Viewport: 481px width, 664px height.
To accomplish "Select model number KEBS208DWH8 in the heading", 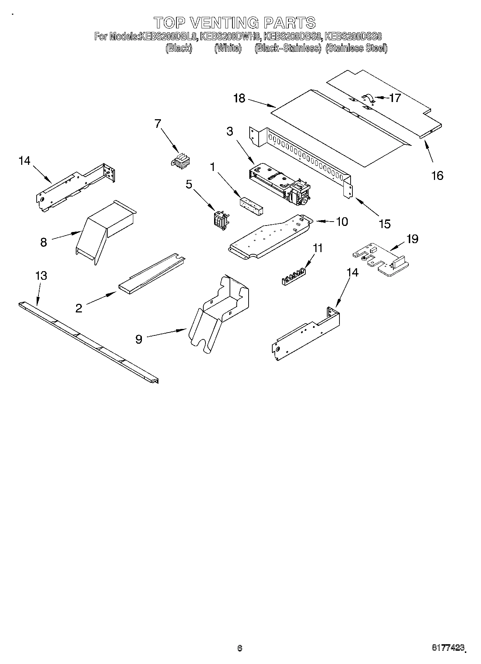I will [230, 36].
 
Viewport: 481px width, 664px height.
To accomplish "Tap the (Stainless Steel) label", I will [356, 48].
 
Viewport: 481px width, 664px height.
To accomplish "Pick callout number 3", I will [230, 131].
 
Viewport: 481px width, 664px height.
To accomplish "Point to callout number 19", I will [412, 238].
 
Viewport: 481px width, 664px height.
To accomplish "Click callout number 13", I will [41, 276].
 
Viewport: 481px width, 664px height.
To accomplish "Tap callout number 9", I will [139, 339].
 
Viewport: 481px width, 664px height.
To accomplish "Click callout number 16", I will [437, 176].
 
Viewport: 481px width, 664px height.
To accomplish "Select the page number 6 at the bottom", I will [240, 648].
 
